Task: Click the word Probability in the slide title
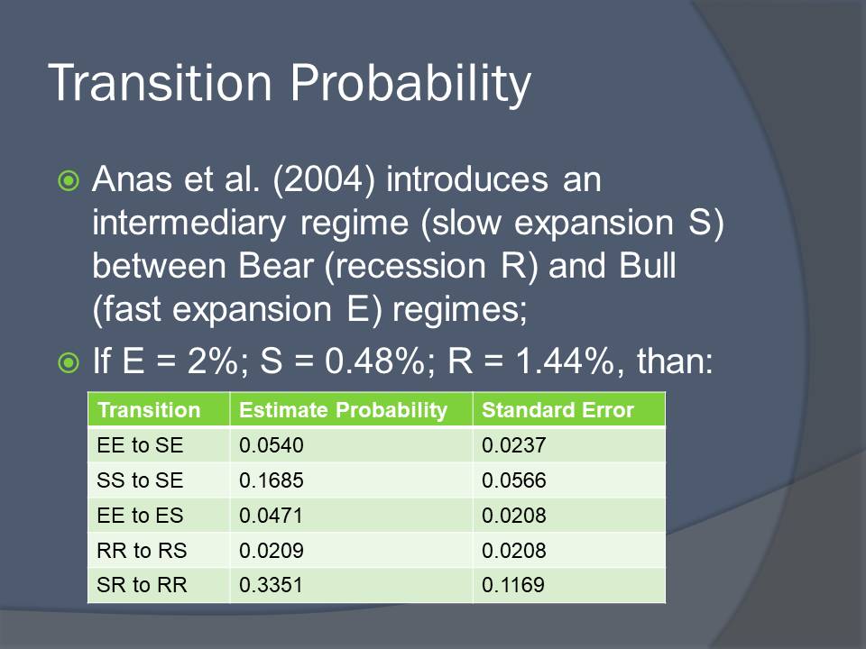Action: point(410,84)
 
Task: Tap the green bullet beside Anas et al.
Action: point(69,180)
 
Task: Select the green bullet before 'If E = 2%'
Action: point(69,362)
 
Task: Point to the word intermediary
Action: point(189,224)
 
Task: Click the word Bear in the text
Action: point(276,266)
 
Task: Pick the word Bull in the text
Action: point(648,266)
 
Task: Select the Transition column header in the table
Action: point(149,410)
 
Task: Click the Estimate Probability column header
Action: point(343,410)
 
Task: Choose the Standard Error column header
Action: point(557,410)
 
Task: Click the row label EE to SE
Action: point(140,445)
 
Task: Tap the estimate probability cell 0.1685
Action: point(272,480)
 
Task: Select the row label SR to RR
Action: point(142,585)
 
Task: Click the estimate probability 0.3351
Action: point(271,585)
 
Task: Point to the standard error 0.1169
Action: point(513,585)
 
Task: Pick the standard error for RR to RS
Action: point(514,550)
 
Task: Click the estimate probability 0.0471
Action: point(271,516)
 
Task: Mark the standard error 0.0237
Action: point(514,445)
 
